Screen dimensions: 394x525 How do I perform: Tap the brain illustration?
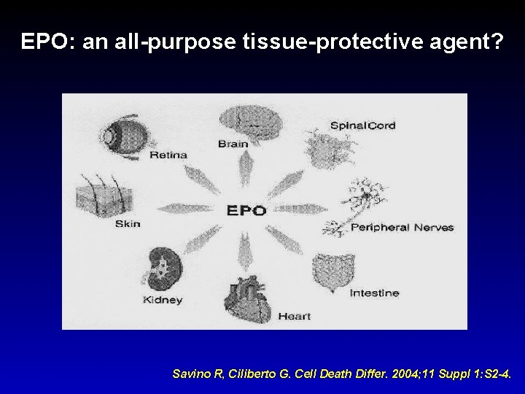tap(246, 120)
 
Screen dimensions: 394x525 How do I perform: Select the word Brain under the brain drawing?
tap(233, 144)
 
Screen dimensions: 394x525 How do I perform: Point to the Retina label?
tap(168, 155)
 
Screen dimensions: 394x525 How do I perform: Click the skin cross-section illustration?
tap(95, 196)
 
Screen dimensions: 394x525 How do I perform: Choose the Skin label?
tap(128, 224)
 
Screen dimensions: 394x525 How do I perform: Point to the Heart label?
tap(295, 316)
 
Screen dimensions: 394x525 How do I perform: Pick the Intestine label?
tap(374, 293)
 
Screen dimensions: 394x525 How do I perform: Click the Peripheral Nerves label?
tap(402, 227)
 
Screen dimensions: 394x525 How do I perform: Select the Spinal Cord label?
tap(362, 125)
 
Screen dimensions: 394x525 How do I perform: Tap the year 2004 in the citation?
tap(388, 374)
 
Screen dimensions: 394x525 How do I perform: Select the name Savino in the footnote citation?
tap(190, 374)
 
